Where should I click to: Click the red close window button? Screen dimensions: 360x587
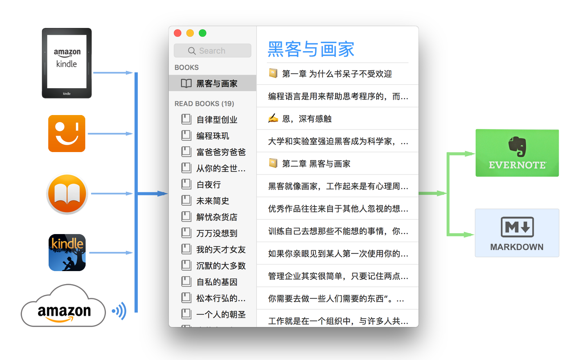[x=178, y=33]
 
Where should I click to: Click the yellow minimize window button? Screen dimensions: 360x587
[x=190, y=33]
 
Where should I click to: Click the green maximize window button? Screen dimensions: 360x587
[x=202, y=33]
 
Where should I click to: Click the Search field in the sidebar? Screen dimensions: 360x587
[x=213, y=51]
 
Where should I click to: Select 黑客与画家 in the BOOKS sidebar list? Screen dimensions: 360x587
[x=217, y=83]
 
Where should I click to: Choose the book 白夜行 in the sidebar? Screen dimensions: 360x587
[x=209, y=185]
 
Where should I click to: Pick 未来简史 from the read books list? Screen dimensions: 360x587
[x=213, y=201]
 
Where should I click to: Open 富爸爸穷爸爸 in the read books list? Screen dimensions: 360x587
[x=221, y=152]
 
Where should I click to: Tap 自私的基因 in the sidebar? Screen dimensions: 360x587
[x=217, y=282]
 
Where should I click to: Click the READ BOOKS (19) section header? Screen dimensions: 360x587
[x=204, y=104]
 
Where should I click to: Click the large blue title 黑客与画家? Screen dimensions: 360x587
[x=311, y=49]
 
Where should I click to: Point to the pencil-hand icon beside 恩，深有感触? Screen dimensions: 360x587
[x=273, y=118]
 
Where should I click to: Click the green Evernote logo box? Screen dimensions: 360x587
[x=517, y=153]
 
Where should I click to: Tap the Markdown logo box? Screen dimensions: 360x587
[x=517, y=233]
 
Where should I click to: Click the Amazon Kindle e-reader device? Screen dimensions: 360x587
[x=67, y=63]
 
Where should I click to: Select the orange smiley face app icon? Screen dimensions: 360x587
[x=67, y=134]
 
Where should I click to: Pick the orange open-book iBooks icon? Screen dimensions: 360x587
[x=67, y=194]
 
